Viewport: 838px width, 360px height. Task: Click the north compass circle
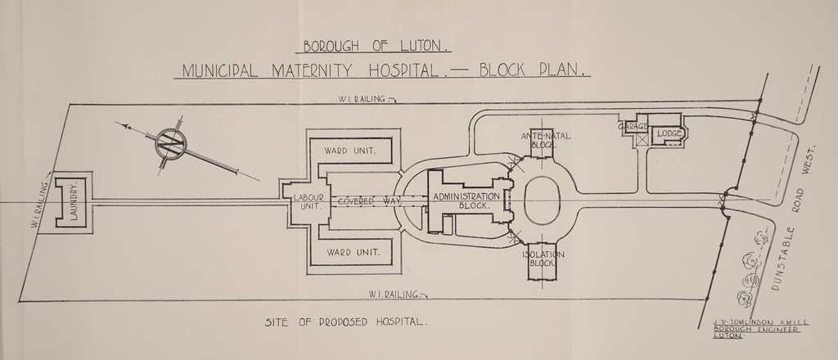(172, 144)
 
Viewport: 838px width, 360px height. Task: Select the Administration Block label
(465, 201)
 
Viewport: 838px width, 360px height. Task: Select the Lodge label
(670, 133)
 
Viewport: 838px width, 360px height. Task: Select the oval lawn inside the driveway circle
(542, 200)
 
